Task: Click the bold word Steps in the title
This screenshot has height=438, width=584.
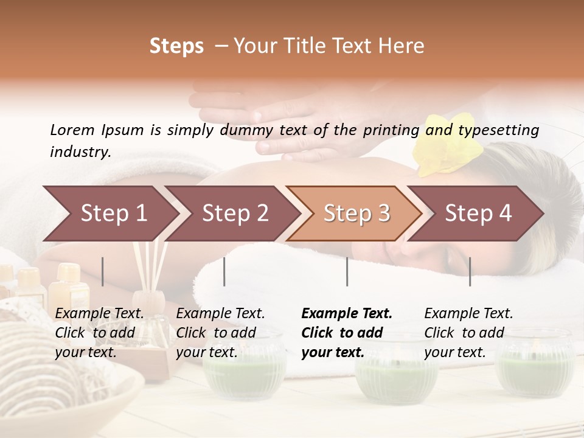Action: [176, 46]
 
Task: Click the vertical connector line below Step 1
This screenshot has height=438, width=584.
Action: [103, 271]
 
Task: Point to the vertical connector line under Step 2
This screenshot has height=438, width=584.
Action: [224, 271]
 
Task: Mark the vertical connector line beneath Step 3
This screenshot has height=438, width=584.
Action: [347, 271]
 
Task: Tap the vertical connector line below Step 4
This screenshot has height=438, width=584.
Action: [470, 271]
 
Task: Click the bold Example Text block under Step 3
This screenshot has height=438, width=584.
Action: [347, 333]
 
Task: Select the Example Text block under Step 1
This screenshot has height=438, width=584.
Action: [100, 333]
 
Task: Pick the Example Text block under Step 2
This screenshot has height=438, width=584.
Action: [220, 333]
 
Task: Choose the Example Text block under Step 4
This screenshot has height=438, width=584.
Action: [468, 333]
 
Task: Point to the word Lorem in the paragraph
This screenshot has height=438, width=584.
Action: [72, 130]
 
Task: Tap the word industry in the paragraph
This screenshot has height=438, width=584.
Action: [80, 152]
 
